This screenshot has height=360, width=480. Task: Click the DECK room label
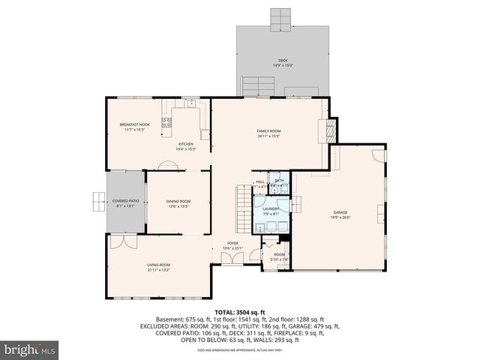[x=283, y=61]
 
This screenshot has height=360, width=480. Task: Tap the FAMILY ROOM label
[x=268, y=130]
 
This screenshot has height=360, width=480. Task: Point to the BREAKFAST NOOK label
[x=134, y=124]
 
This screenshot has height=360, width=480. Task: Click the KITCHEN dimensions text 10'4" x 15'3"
[x=185, y=149]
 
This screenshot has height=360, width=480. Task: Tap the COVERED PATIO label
[x=125, y=201]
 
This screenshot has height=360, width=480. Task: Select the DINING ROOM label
[x=178, y=201]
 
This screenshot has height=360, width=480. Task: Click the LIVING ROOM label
[x=158, y=265]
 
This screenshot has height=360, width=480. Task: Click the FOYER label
[x=233, y=243]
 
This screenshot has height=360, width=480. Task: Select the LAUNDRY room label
[x=271, y=209]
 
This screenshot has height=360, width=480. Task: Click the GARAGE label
[x=340, y=212]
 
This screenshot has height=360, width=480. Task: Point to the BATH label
[x=279, y=181]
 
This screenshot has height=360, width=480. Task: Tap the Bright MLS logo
[x=29, y=349]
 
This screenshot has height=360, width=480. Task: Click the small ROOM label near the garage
[x=279, y=255]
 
